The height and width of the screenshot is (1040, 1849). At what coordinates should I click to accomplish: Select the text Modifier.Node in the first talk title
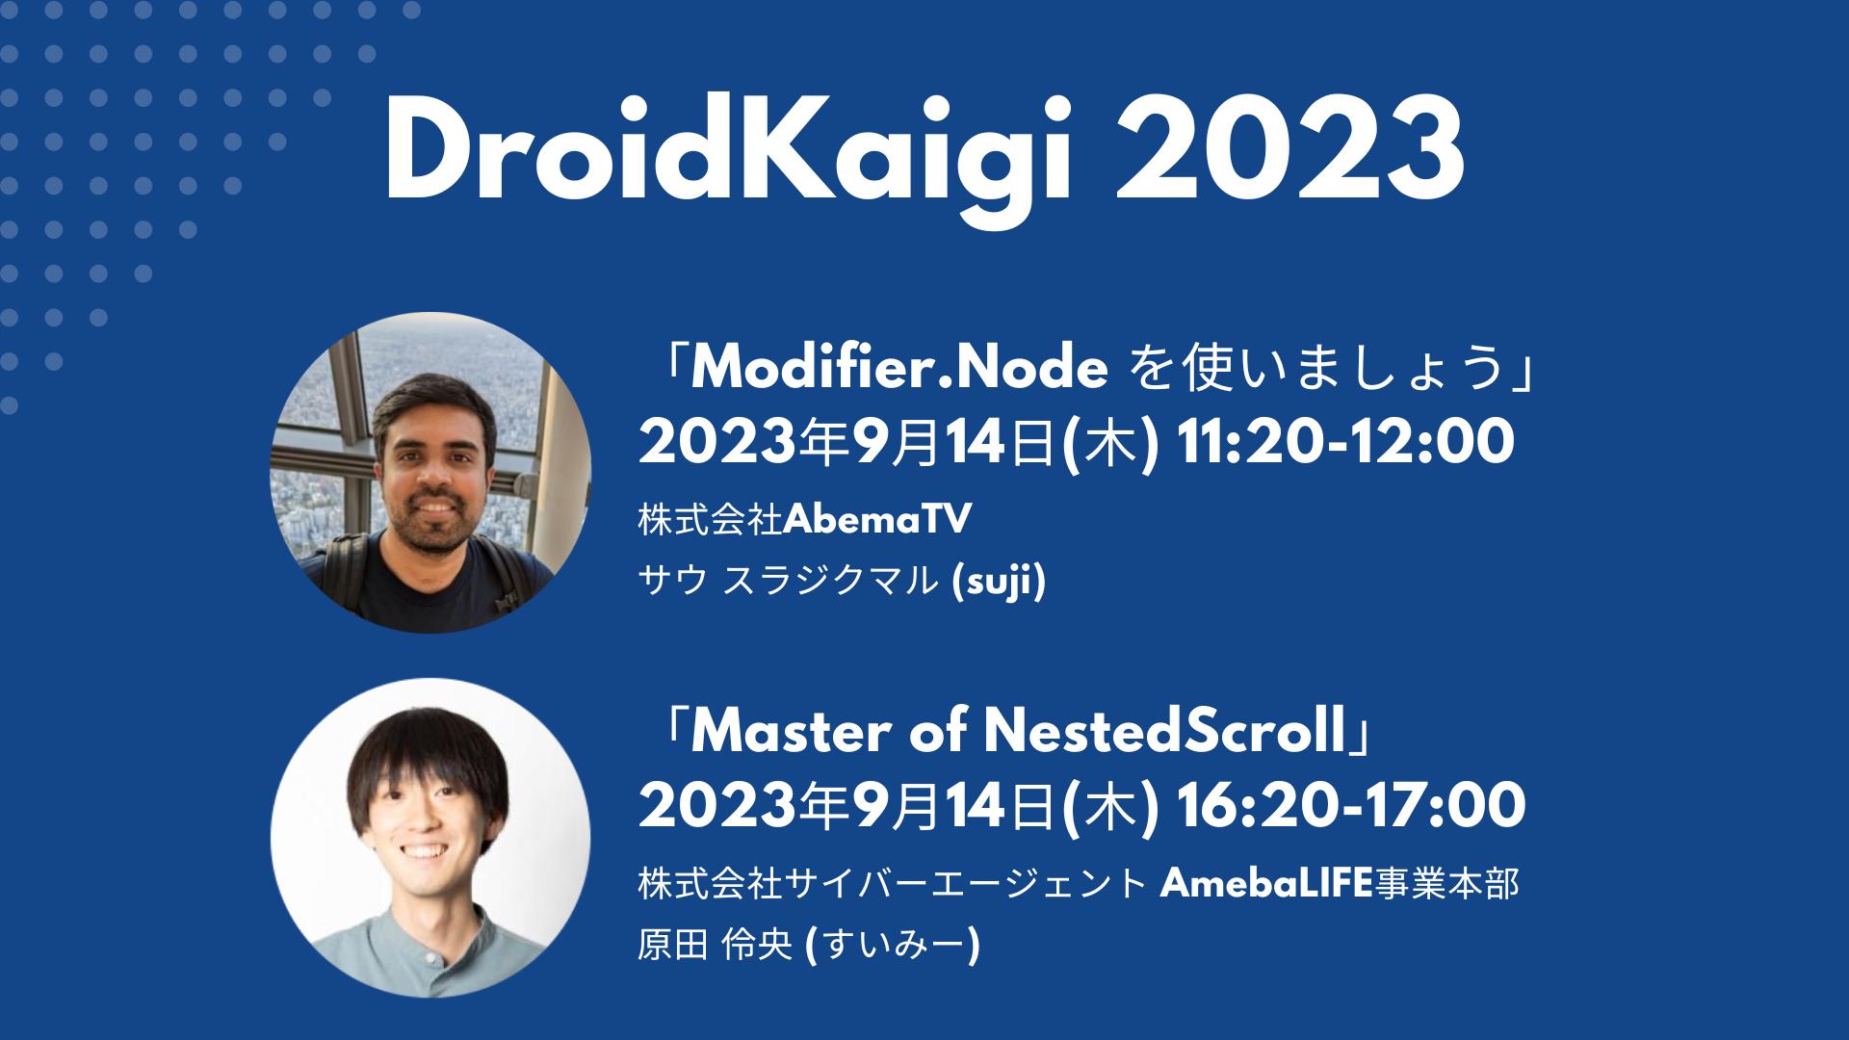[899, 368]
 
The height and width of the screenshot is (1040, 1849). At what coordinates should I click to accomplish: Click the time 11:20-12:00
[1344, 442]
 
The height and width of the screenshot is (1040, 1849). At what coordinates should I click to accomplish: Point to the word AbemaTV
[877, 520]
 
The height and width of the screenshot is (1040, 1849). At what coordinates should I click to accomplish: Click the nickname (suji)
[999, 581]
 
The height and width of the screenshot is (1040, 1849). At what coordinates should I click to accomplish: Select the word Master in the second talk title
[792, 731]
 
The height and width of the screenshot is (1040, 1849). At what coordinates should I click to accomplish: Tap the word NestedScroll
[1164, 731]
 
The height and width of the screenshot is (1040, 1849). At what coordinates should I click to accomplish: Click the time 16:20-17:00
[1350, 806]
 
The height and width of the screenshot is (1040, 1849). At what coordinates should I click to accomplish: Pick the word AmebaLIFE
[1265, 883]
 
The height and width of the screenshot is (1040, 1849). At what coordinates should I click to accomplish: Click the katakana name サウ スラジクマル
[788, 581]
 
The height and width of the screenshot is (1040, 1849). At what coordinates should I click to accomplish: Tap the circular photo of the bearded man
[430, 472]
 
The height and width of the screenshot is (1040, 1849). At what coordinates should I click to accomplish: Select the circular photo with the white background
[430, 838]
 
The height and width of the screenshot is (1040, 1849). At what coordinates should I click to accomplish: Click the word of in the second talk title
[937, 731]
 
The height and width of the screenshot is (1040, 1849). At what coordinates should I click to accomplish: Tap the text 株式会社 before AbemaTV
[710, 520]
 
